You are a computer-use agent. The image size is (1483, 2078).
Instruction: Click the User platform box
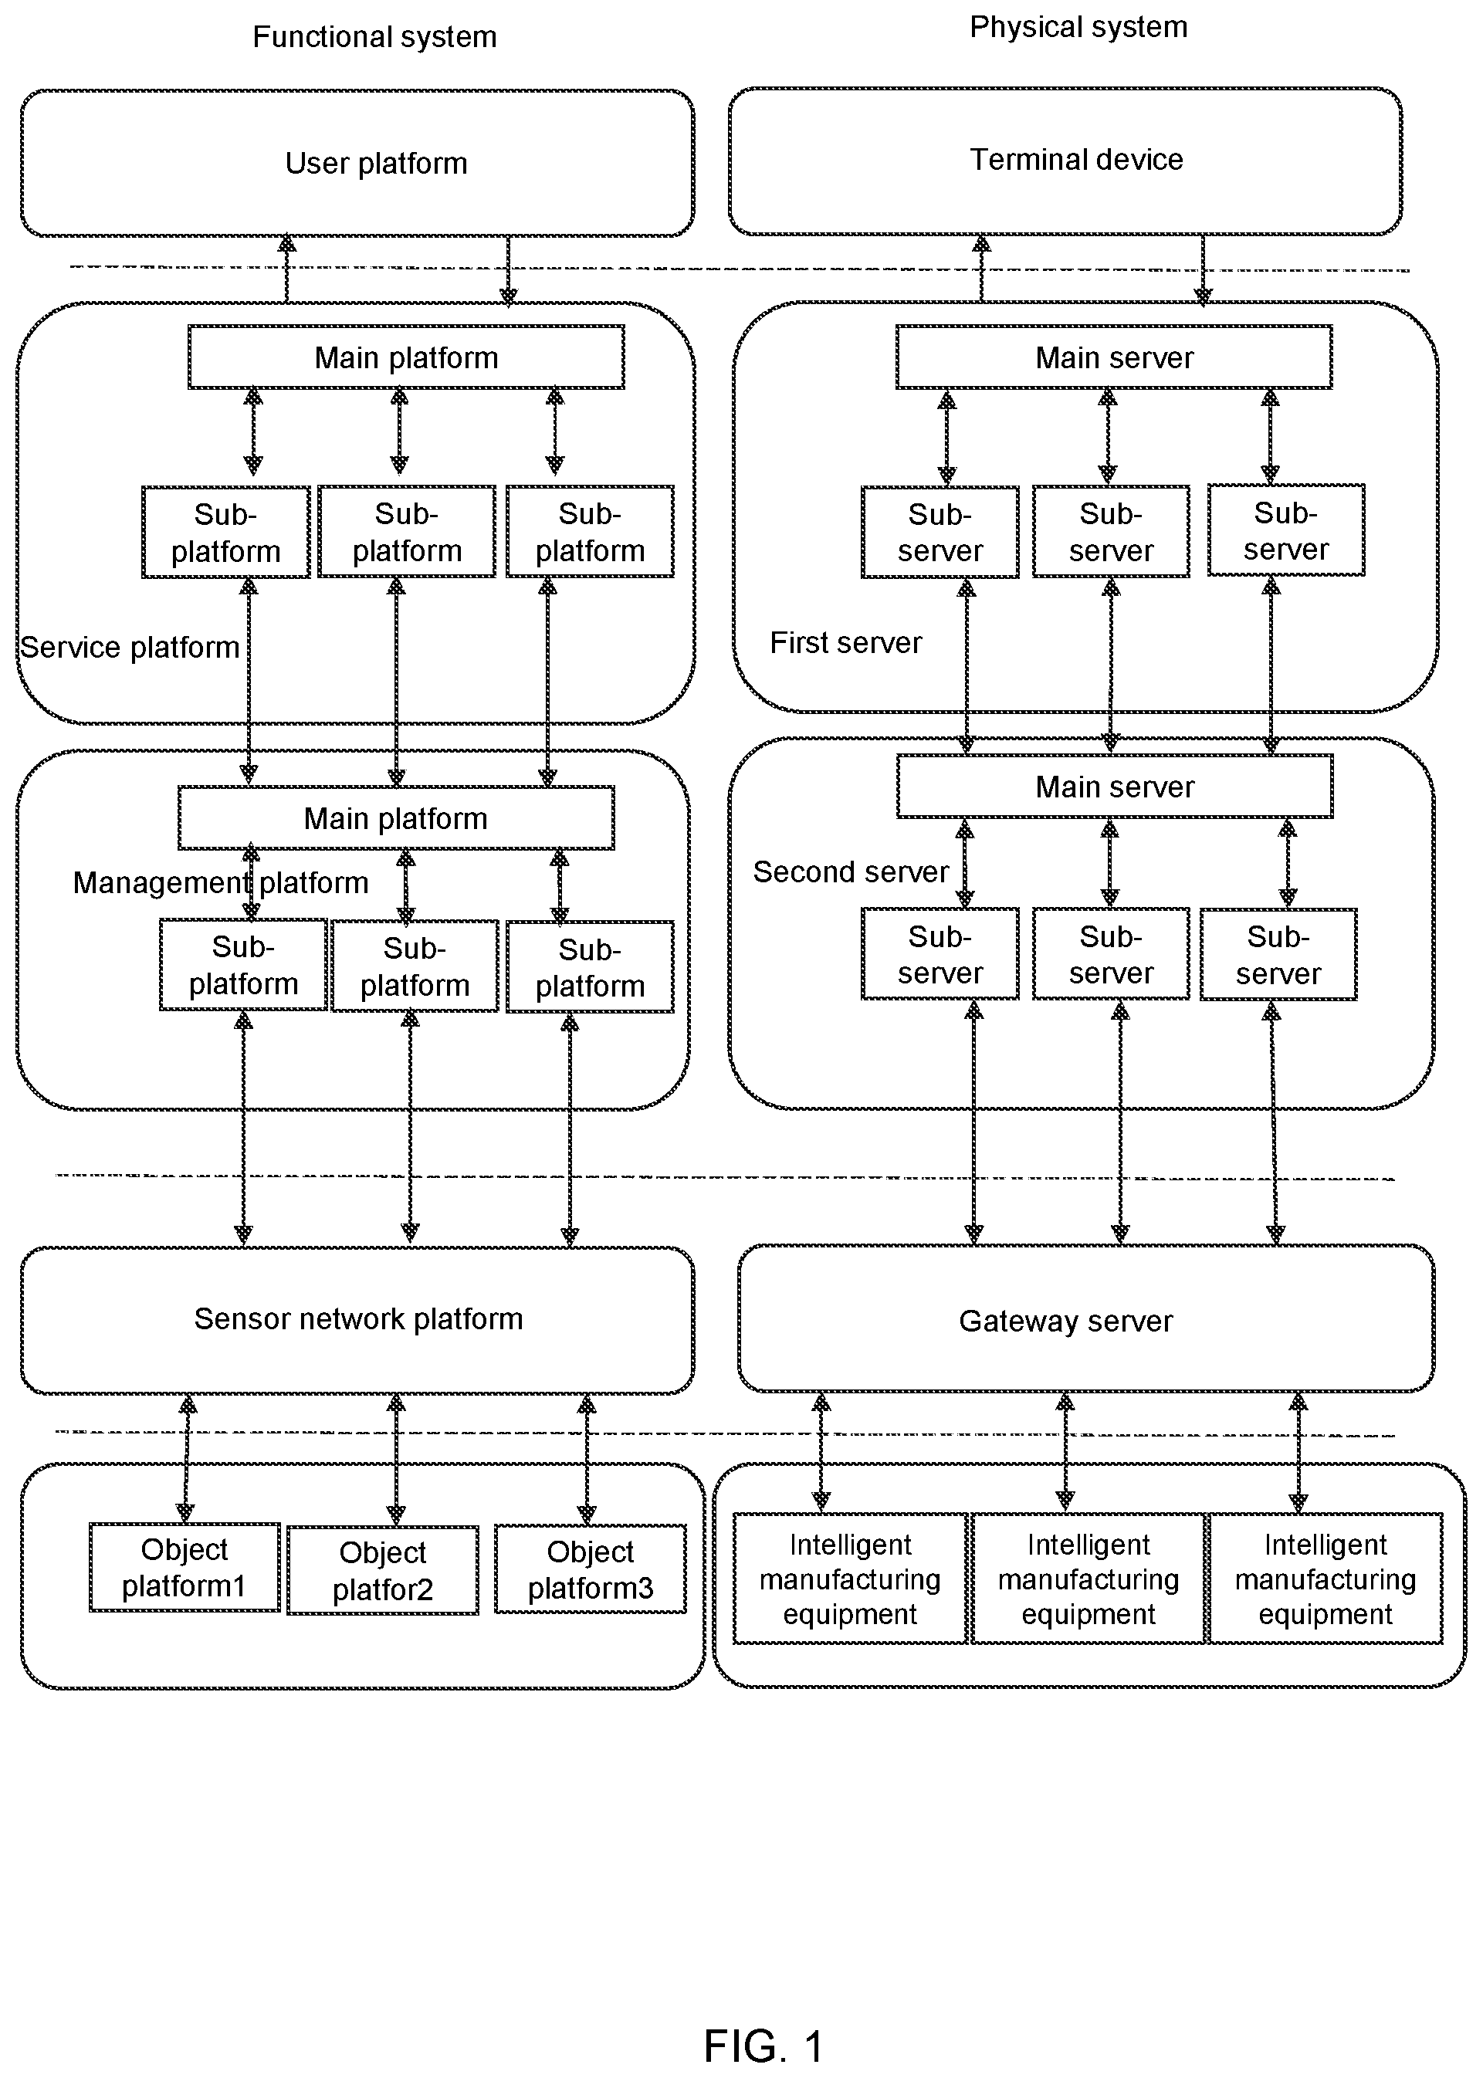point(357,163)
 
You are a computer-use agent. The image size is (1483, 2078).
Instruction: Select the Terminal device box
point(1065,161)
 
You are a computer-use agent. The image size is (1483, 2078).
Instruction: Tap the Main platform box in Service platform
point(406,357)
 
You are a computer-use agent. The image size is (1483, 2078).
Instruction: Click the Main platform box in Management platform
point(395,818)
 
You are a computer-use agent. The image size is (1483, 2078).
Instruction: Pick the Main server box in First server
point(1114,357)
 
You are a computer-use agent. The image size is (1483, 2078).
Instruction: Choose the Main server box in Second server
point(1115,786)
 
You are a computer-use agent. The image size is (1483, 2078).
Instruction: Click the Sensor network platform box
point(357,1320)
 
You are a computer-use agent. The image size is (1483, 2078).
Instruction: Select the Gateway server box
point(1085,1318)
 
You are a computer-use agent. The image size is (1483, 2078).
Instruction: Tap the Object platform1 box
point(185,1567)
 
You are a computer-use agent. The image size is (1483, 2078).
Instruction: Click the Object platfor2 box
point(383,1570)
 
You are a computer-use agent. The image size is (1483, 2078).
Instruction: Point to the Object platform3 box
point(590,1569)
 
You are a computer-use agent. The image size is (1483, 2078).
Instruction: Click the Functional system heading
point(374,36)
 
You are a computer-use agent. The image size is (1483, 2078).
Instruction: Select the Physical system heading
point(1078,27)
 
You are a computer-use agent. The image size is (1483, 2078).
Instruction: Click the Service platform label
point(130,648)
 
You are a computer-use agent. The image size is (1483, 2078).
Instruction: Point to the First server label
point(845,643)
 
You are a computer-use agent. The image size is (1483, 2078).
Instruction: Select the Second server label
point(850,872)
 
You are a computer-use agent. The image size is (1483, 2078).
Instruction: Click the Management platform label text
point(221,883)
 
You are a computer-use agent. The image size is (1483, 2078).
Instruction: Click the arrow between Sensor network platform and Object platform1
point(186,1459)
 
